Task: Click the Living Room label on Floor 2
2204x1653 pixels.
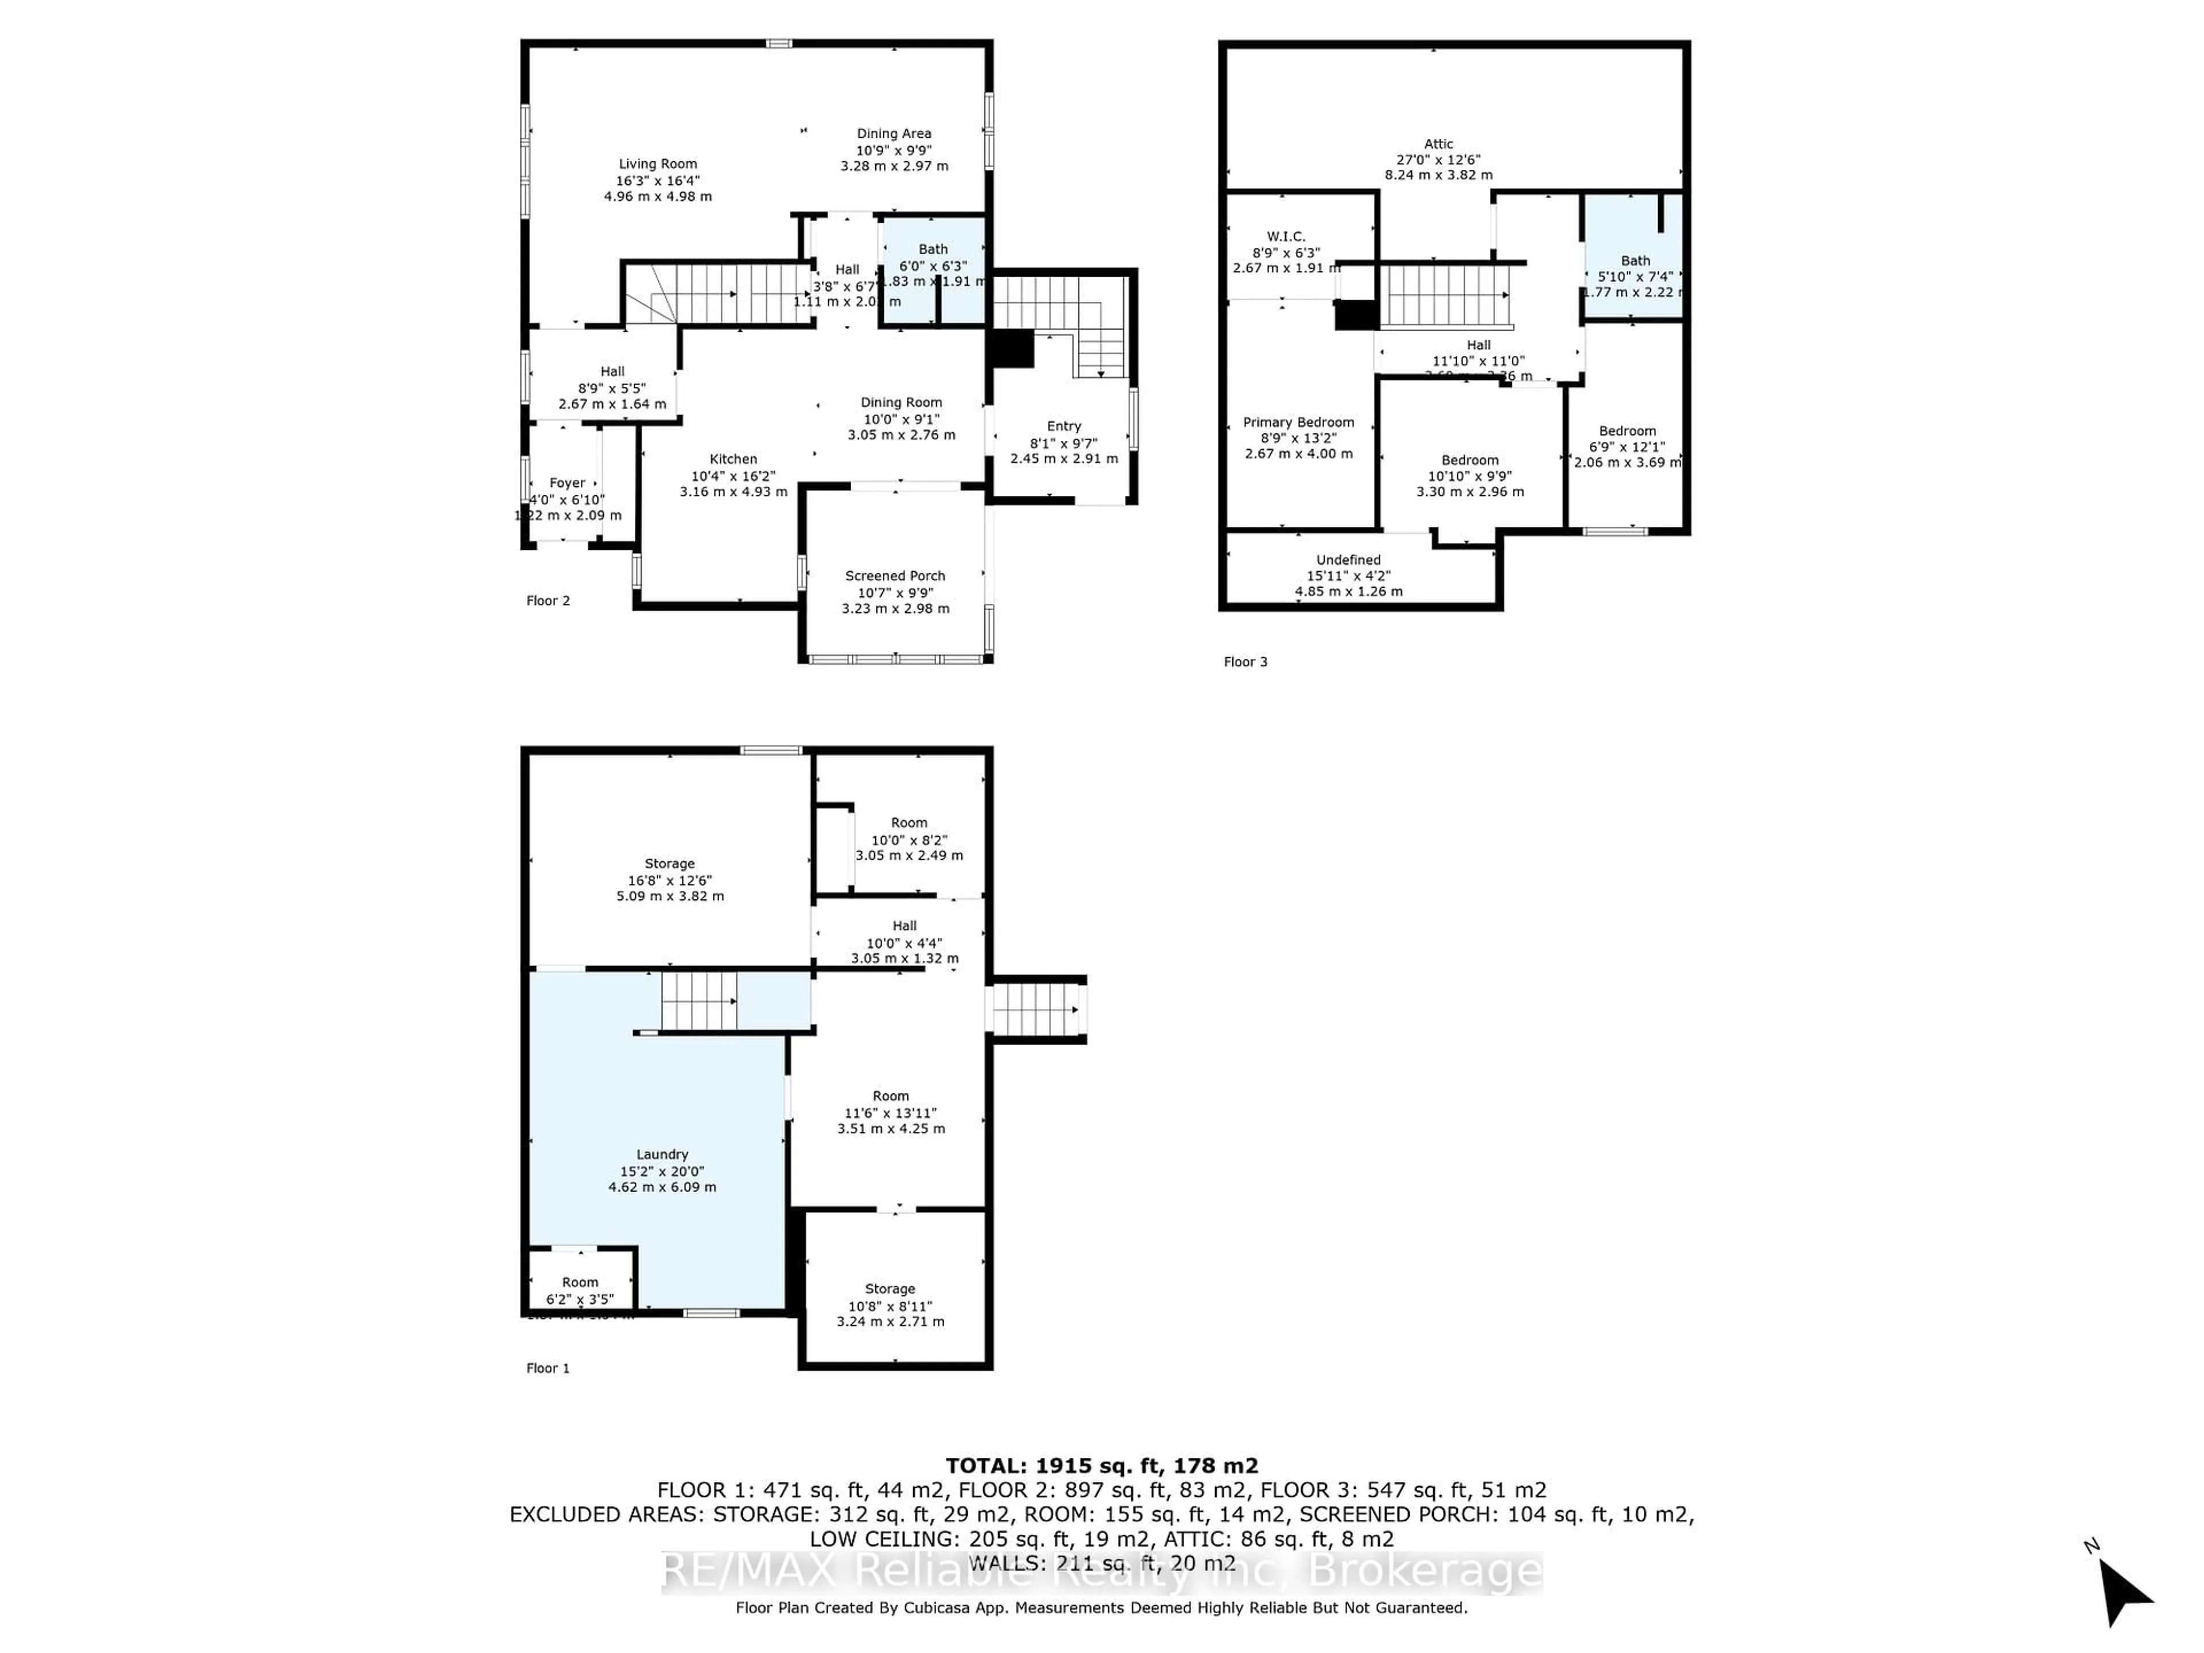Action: coord(658,164)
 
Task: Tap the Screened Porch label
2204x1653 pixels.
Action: coord(895,576)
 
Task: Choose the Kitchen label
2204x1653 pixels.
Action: coord(734,459)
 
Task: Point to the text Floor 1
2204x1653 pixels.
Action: coord(548,1368)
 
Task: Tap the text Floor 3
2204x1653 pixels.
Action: coord(1245,662)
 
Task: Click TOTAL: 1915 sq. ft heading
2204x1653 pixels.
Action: coord(1101,1466)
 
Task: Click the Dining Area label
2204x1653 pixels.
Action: coord(894,134)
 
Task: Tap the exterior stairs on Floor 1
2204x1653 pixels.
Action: coord(1036,1010)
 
